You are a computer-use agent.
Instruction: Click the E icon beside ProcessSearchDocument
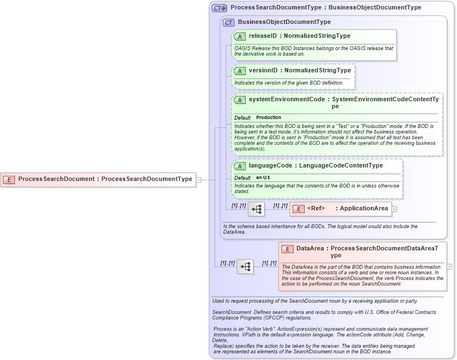point(9,179)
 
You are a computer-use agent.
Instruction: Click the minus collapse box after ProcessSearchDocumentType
point(198,179)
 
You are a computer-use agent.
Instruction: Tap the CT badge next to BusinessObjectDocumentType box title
point(229,22)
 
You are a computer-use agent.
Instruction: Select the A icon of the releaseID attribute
point(240,36)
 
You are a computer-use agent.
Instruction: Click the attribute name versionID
point(263,71)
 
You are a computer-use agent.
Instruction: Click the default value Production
point(269,118)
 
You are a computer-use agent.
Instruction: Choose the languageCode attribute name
point(271,165)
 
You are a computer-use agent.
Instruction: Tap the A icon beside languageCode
point(240,166)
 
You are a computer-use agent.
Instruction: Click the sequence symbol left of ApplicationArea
point(256,209)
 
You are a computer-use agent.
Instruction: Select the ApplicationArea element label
point(364,209)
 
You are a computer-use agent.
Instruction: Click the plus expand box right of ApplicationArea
point(395,209)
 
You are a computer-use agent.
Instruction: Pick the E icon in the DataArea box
point(287,249)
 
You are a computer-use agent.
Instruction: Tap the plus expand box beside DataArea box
point(450,267)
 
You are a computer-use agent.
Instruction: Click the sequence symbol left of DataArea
point(245,267)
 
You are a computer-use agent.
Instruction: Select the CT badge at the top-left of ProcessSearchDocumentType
point(219,8)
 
